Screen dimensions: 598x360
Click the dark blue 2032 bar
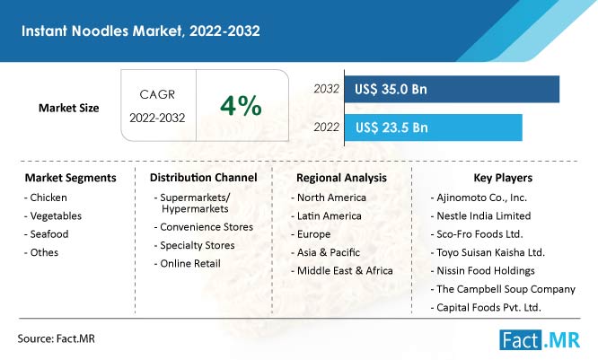452,89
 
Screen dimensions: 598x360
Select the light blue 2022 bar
434,127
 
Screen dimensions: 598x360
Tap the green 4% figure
241,105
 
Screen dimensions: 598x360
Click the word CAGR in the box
157,94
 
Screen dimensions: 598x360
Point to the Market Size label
68,108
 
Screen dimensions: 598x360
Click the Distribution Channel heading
203,178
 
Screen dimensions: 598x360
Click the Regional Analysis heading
341,178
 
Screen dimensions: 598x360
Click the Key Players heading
503,178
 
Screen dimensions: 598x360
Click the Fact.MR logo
540,339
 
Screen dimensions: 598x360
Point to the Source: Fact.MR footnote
56,338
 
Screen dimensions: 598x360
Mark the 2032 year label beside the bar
327,89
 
